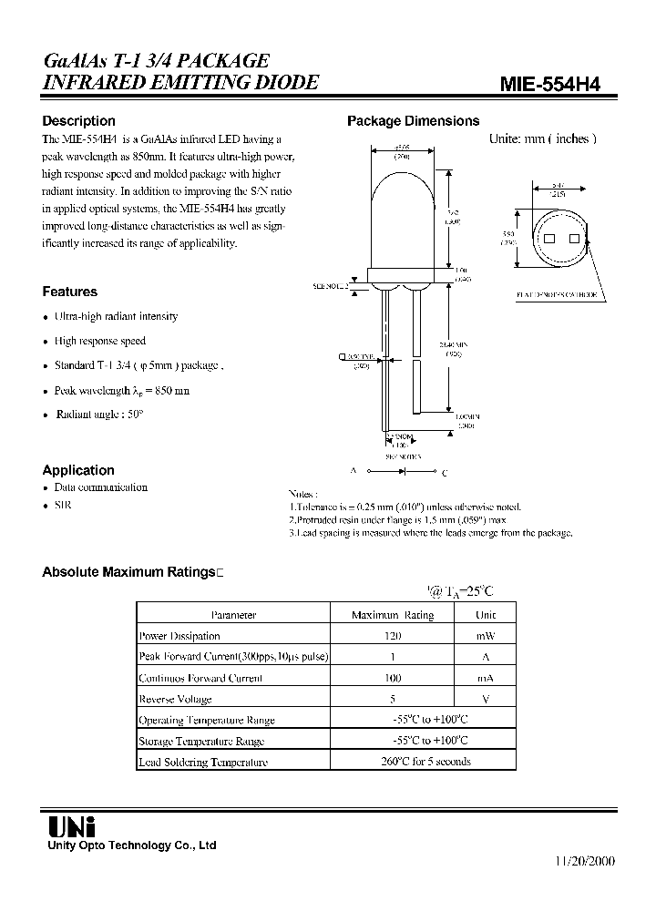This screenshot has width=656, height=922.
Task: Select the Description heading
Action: tap(79, 121)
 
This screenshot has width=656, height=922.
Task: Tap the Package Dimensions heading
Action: tap(414, 121)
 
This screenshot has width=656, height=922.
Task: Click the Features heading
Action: tap(70, 292)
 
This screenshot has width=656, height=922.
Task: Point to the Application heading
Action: tap(78, 470)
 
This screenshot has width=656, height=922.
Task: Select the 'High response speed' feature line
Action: tap(99, 341)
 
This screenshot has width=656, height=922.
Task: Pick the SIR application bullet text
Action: tap(62, 504)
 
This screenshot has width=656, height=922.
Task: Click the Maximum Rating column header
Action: tap(393, 615)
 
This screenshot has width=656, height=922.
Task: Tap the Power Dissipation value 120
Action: tap(393, 636)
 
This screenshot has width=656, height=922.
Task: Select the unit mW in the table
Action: tap(486, 636)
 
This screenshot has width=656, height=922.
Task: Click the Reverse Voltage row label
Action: tap(175, 699)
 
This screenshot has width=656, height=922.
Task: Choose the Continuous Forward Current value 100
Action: tap(393, 678)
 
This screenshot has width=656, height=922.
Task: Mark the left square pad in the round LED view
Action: tap(550, 239)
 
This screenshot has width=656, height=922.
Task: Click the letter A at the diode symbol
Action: tap(352, 472)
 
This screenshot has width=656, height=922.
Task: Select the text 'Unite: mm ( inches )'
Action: tap(542, 138)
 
